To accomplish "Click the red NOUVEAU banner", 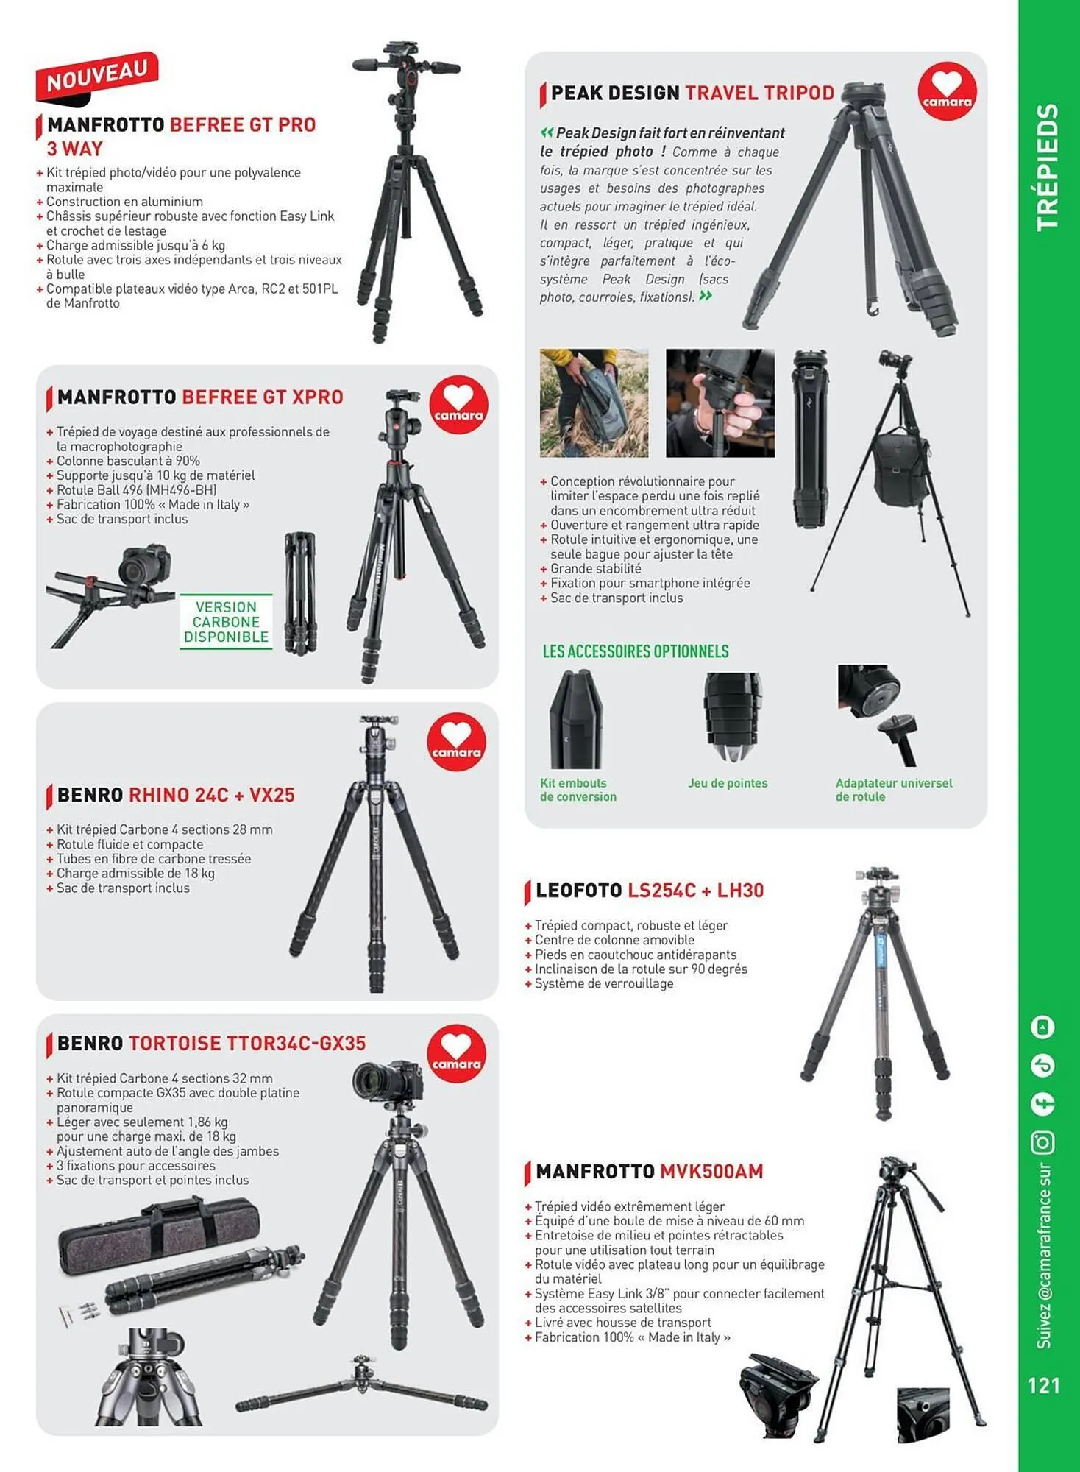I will (96, 76).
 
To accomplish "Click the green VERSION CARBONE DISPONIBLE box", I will (226, 622).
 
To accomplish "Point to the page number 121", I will (1043, 1386).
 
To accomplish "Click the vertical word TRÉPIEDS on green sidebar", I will (1047, 168).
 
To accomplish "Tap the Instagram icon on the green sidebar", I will (1043, 1143).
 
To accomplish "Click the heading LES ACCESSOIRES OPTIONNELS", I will (636, 651).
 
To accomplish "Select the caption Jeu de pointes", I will (728, 783).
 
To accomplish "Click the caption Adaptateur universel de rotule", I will (893, 790).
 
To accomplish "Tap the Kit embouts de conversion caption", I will (578, 790).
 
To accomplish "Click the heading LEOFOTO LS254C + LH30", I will (650, 891).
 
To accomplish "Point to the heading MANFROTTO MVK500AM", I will (650, 1172).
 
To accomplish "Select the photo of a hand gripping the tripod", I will (720, 403).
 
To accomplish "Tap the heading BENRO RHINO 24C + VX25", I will (176, 796).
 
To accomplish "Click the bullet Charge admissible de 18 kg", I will (135, 874).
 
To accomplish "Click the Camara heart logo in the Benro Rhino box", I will (456, 742).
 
